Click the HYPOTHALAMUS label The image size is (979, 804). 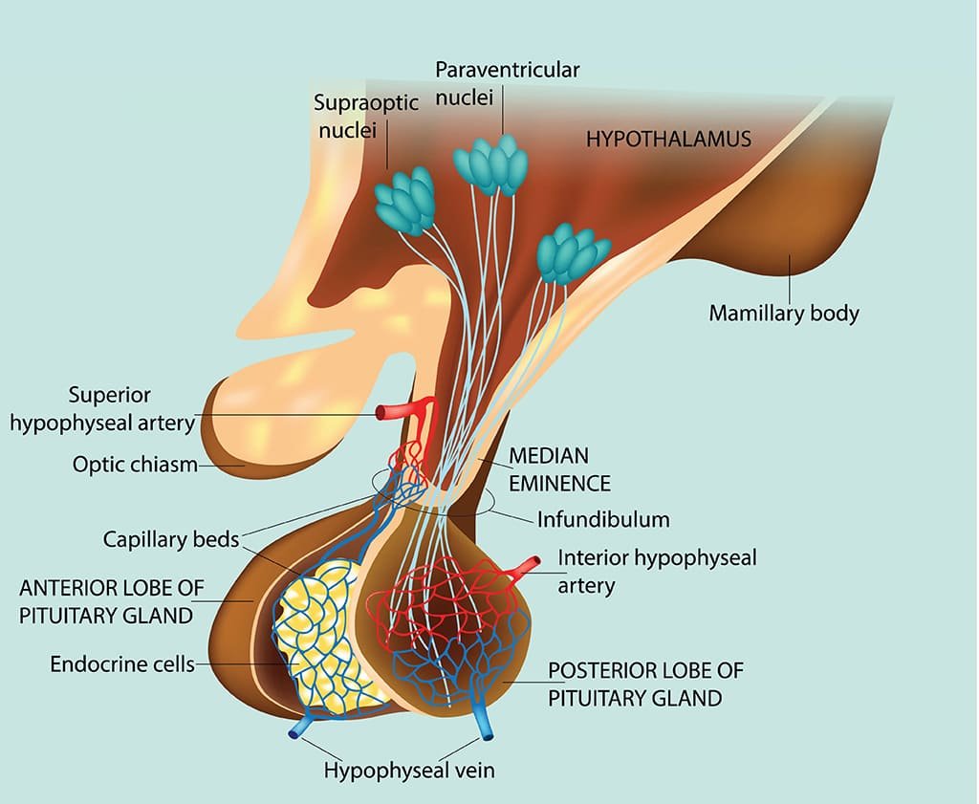668,139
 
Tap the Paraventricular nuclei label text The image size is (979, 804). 508,83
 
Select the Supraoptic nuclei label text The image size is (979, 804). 366,116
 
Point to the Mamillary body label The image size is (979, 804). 784,313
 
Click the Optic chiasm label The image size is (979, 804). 135,465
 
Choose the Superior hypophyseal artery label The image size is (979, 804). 102,408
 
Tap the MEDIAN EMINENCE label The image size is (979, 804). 560,468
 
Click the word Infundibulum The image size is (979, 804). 602,520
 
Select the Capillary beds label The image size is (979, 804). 171,539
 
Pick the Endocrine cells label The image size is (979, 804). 122,663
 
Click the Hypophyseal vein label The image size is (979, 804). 409,770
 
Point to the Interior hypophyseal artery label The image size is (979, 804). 657,571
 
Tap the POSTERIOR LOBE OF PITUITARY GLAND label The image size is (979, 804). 645,684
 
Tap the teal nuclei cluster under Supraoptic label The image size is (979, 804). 405,202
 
